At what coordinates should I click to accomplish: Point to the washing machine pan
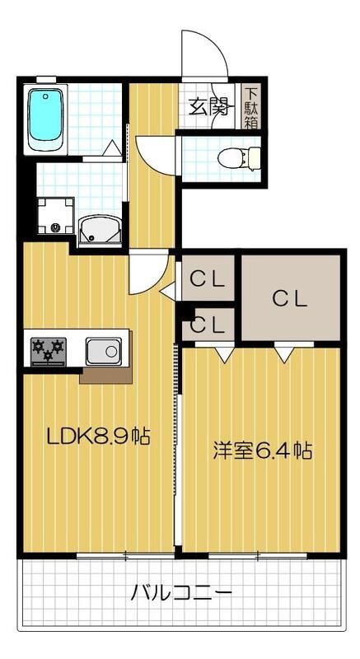pyautogui.click(x=56, y=215)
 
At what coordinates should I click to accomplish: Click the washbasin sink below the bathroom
pyautogui.click(x=102, y=230)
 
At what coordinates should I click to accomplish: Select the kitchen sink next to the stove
pyautogui.click(x=104, y=352)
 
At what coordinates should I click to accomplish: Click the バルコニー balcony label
pyautogui.click(x=180, y=591)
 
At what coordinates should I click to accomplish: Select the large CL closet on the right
pyautogui.click(x=290, y=297)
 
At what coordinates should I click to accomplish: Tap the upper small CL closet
pyautogui.click(x=208, y=279)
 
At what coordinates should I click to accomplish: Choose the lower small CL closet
pyautogui.click(x=208, y=325)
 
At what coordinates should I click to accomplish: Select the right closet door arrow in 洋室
pyautogui.click(x=284, y=354)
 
